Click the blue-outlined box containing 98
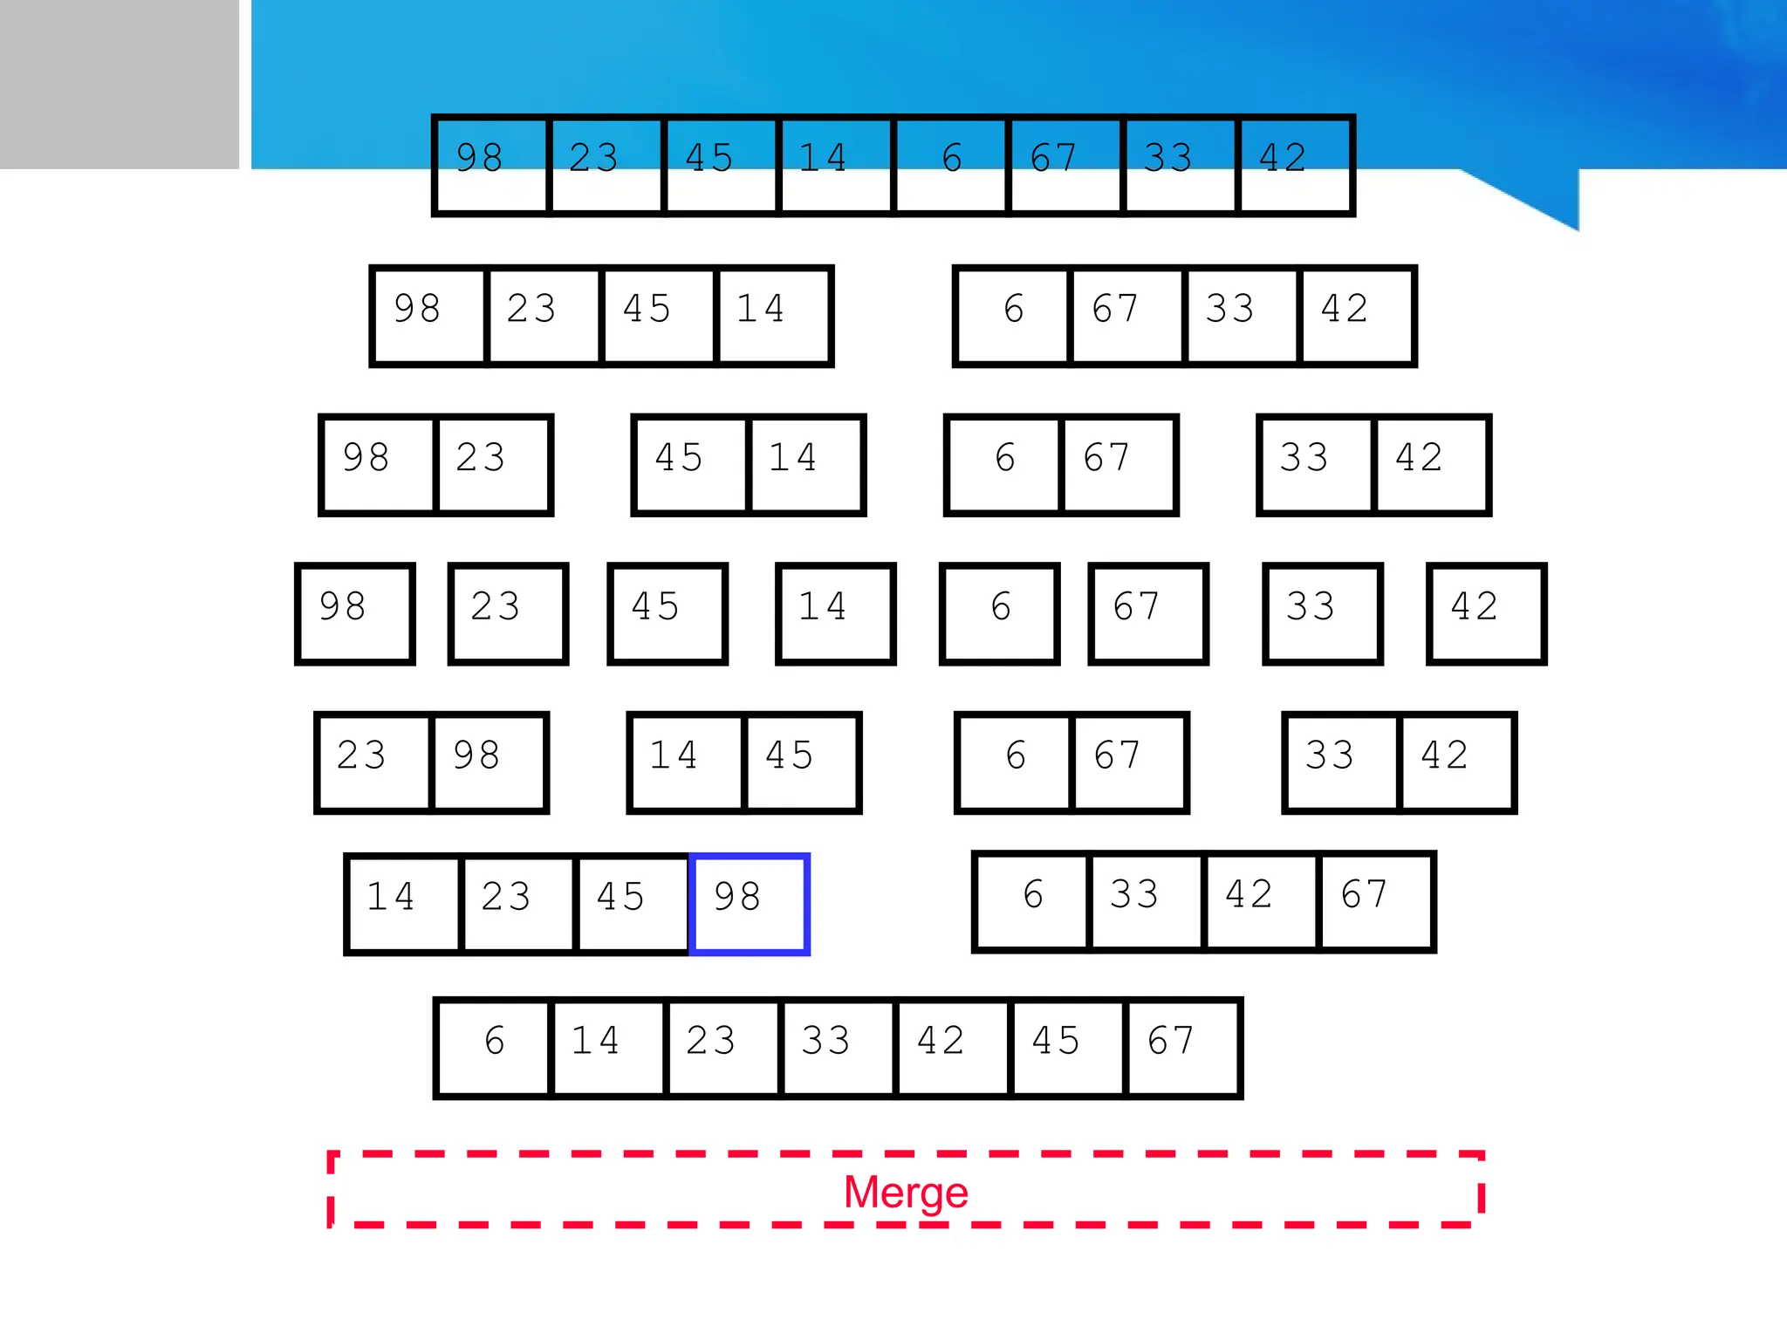coord(750,904)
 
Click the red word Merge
coord(906,1192)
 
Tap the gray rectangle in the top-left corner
coord(119,84)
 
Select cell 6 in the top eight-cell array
coord(951,165)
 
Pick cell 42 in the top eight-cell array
coord(1295,165)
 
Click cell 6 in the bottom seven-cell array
coord(494,1048)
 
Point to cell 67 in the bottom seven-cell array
coord(1182,1048)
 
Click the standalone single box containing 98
coord(355,614)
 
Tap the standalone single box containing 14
coord(836,614)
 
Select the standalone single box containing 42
coord(1486,614)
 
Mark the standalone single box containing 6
coord(1000,614)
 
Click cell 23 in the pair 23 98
coord(373,762)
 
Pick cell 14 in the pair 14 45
coord(686,762)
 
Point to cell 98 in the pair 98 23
coord(378,465)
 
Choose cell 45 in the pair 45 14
coord(691,465)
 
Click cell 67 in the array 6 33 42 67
coord(1376,902)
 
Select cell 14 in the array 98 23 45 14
coord(772,316)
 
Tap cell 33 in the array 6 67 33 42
coord(1241,316)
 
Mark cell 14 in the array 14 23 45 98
coord(403,904)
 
